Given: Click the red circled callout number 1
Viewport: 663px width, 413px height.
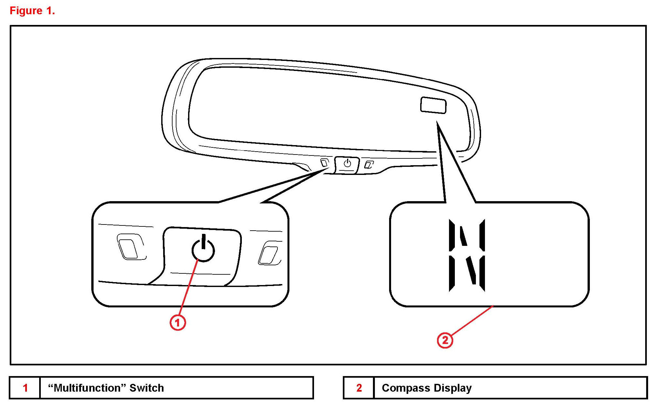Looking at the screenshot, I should point(178,322).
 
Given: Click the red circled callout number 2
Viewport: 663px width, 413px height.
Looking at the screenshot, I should point(445,340).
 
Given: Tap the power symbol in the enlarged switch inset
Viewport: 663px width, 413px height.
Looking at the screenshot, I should point(203,250).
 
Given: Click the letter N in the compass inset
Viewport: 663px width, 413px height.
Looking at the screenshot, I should point(467,255).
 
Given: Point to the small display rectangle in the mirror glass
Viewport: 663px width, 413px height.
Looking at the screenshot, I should point(433,105).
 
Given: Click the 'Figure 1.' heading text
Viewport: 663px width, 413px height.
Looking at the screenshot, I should point(32,11).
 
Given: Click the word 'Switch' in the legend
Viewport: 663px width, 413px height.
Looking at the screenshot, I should point(146,388).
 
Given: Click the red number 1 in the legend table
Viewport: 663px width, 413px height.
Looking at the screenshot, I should point(25,388).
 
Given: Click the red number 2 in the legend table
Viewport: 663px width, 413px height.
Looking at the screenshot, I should point(359,388).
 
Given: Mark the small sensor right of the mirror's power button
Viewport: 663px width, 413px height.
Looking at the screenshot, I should point(368,165).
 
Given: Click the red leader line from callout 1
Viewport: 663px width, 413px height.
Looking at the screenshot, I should point(188,288).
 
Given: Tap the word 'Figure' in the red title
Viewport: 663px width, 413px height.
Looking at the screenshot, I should point(26,11).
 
